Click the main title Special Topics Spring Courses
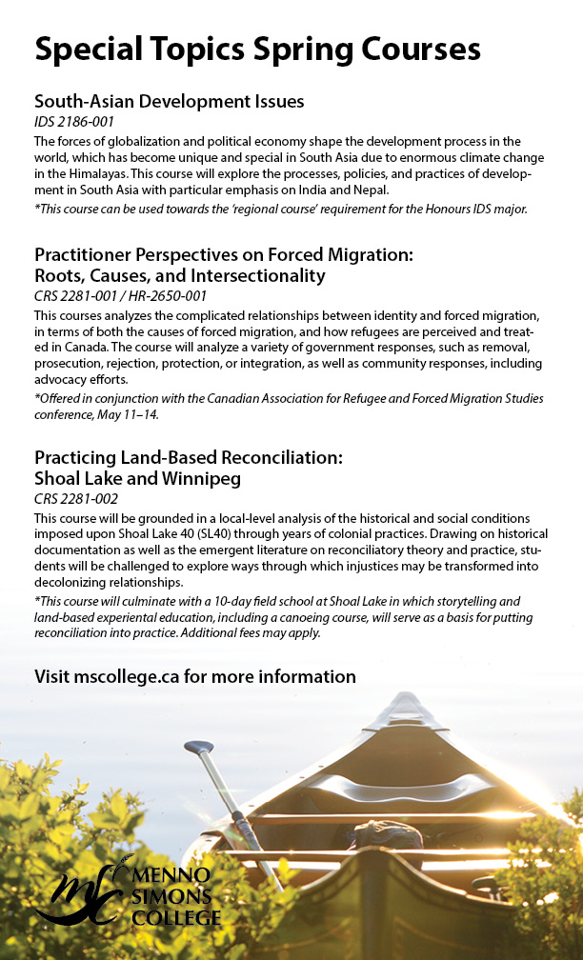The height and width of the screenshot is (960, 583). click(257, 48)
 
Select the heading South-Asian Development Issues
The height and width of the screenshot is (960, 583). click(169, 100)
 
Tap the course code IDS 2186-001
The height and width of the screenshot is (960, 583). click(73, 122)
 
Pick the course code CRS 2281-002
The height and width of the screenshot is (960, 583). click(74, 499)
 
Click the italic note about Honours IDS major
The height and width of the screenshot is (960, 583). click(280, 208)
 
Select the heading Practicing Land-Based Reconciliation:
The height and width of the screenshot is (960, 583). click(188, 457)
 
